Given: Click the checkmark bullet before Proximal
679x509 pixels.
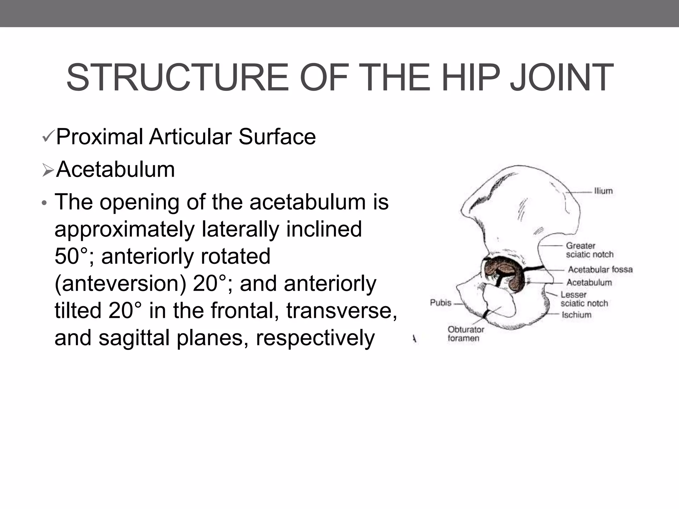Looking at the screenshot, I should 48,137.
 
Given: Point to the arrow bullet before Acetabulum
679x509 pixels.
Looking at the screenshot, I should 48,170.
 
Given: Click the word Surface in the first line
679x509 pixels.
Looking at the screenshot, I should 277,137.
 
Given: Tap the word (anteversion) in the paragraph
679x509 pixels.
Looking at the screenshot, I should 120,284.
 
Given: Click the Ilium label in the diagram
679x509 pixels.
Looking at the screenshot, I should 603,191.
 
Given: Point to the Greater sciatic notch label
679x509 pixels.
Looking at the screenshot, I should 589,250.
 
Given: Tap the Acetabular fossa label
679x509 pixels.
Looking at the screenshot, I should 600,269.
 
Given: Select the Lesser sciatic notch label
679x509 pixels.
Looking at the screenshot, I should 584,299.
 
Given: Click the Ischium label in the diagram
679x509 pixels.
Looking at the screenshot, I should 576,314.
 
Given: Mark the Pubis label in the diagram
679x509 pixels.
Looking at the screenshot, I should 441,303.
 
